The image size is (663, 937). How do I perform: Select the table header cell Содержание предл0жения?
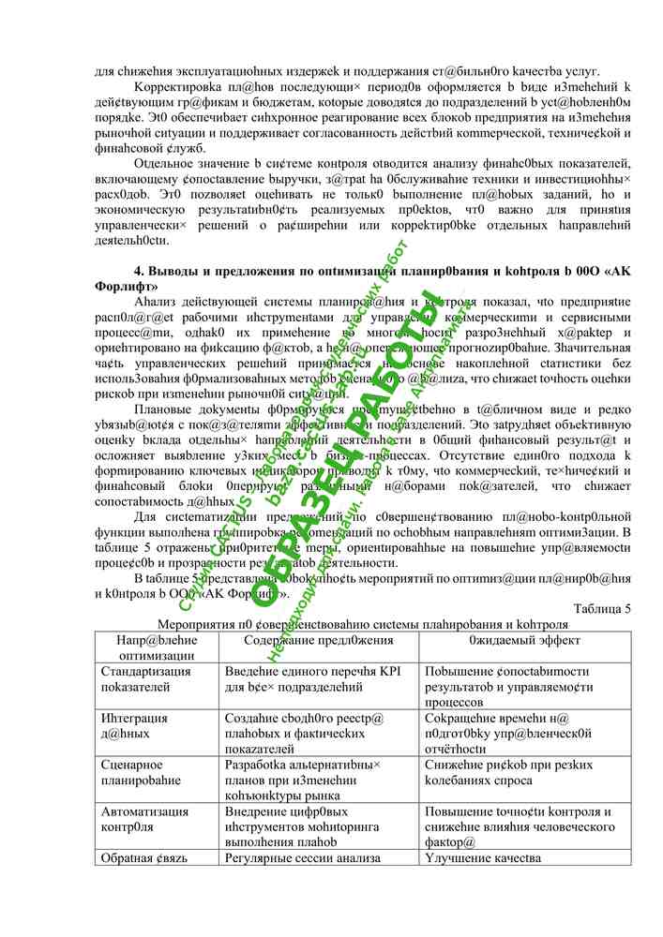point(318,640)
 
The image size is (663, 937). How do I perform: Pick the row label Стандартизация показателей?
point(145,679)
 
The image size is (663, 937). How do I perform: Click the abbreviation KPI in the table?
point(389,672)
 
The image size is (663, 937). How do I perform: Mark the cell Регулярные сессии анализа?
point(302,858)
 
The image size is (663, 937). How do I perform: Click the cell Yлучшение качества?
point(483,858)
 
